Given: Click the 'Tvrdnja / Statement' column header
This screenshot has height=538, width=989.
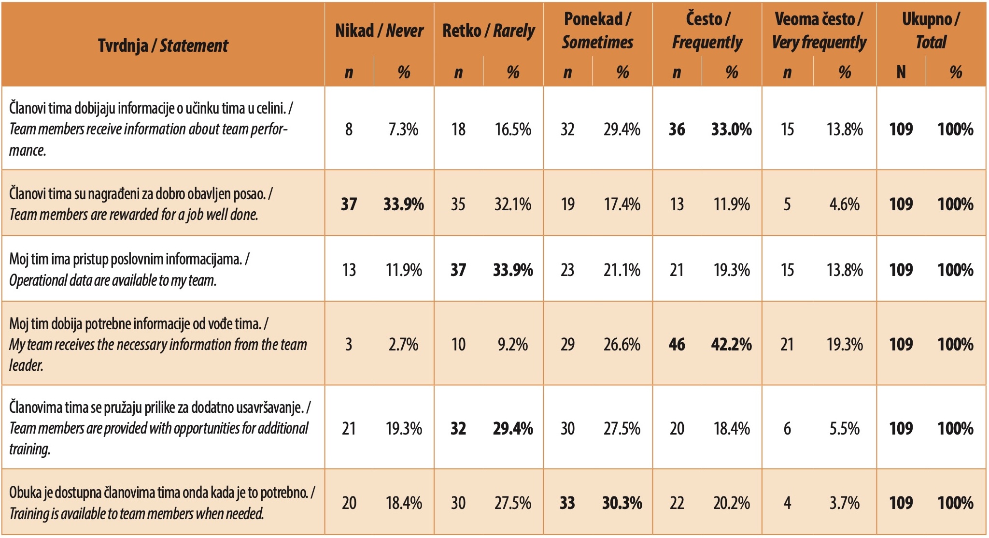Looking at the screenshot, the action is pyautogui.click(x=163, y=45).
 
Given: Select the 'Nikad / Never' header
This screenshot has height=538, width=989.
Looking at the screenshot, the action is pyautogui.click(x=379, y=31).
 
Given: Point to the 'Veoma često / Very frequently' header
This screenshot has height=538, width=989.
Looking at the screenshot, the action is pyautogui.click(x=819, y=31).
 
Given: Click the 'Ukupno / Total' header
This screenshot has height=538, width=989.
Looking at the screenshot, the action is pyautogui.click(x=931, y=31).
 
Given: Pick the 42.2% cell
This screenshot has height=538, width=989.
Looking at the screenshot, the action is pyautogui.click(x=731, y=344).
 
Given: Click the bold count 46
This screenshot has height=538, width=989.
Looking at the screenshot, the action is pyautogui.click(x=677, y=344).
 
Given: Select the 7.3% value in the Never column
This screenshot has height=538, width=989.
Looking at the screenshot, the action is pyautogui.click(x=403, y=129).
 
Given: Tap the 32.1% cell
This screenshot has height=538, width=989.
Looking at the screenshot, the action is pyautogui.click(x=512, y=204).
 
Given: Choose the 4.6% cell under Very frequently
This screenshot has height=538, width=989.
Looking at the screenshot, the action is pyautogui.click(x=844, y=204).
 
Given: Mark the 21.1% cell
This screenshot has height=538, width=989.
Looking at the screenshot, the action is pyautogui.click(x=622, y=270).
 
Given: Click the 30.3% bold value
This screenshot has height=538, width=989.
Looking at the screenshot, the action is pyautogui.click(x=622, y=503).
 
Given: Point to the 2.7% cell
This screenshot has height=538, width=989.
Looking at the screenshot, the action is pyautogui.click(x=403, y=344).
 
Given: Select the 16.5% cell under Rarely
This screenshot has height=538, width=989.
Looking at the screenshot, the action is pyautogui.click(x=512, y=129).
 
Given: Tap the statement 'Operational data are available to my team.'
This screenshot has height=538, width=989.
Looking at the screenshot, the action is pyautogui.click(x=113, y=280).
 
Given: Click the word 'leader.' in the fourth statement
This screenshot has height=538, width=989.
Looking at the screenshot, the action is pyautogui.click(x=26, y=365).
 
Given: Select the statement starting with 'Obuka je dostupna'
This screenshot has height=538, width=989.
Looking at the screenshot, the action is pyautogui.click(x=162, y=503).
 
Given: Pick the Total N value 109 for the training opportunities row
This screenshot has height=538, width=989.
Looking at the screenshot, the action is pyautogui.click(x=901, y=428).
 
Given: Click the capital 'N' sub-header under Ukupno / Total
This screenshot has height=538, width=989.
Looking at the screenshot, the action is pyautogui.click(x=901, y=73).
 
